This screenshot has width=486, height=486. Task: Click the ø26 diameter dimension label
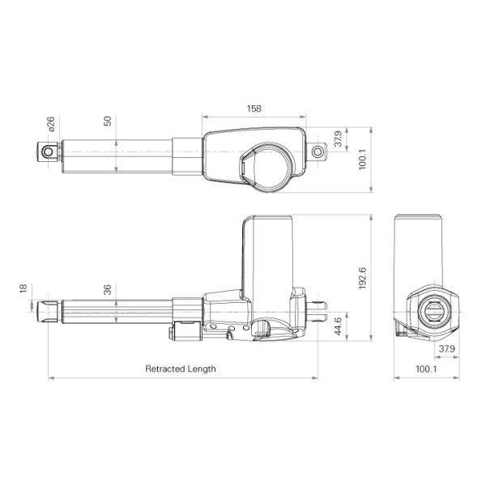click(x=50, y=125)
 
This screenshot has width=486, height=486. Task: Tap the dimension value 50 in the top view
click(x=108, y=121)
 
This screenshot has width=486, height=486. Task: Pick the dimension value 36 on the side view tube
click(x=108, y=288)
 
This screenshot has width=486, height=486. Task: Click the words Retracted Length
click(x=181, y=369)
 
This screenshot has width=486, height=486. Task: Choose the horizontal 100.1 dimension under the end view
click(x=425, y=369)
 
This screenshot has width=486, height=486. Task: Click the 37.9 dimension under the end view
click(x=445, y=349)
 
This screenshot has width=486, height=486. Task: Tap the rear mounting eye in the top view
click(x=318, y=151)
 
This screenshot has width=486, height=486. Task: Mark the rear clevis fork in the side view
click(x=319, y=306)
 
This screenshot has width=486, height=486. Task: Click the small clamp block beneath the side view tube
click(x=185, y=331)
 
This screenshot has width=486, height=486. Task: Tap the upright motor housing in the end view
click(x=419, y=247)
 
